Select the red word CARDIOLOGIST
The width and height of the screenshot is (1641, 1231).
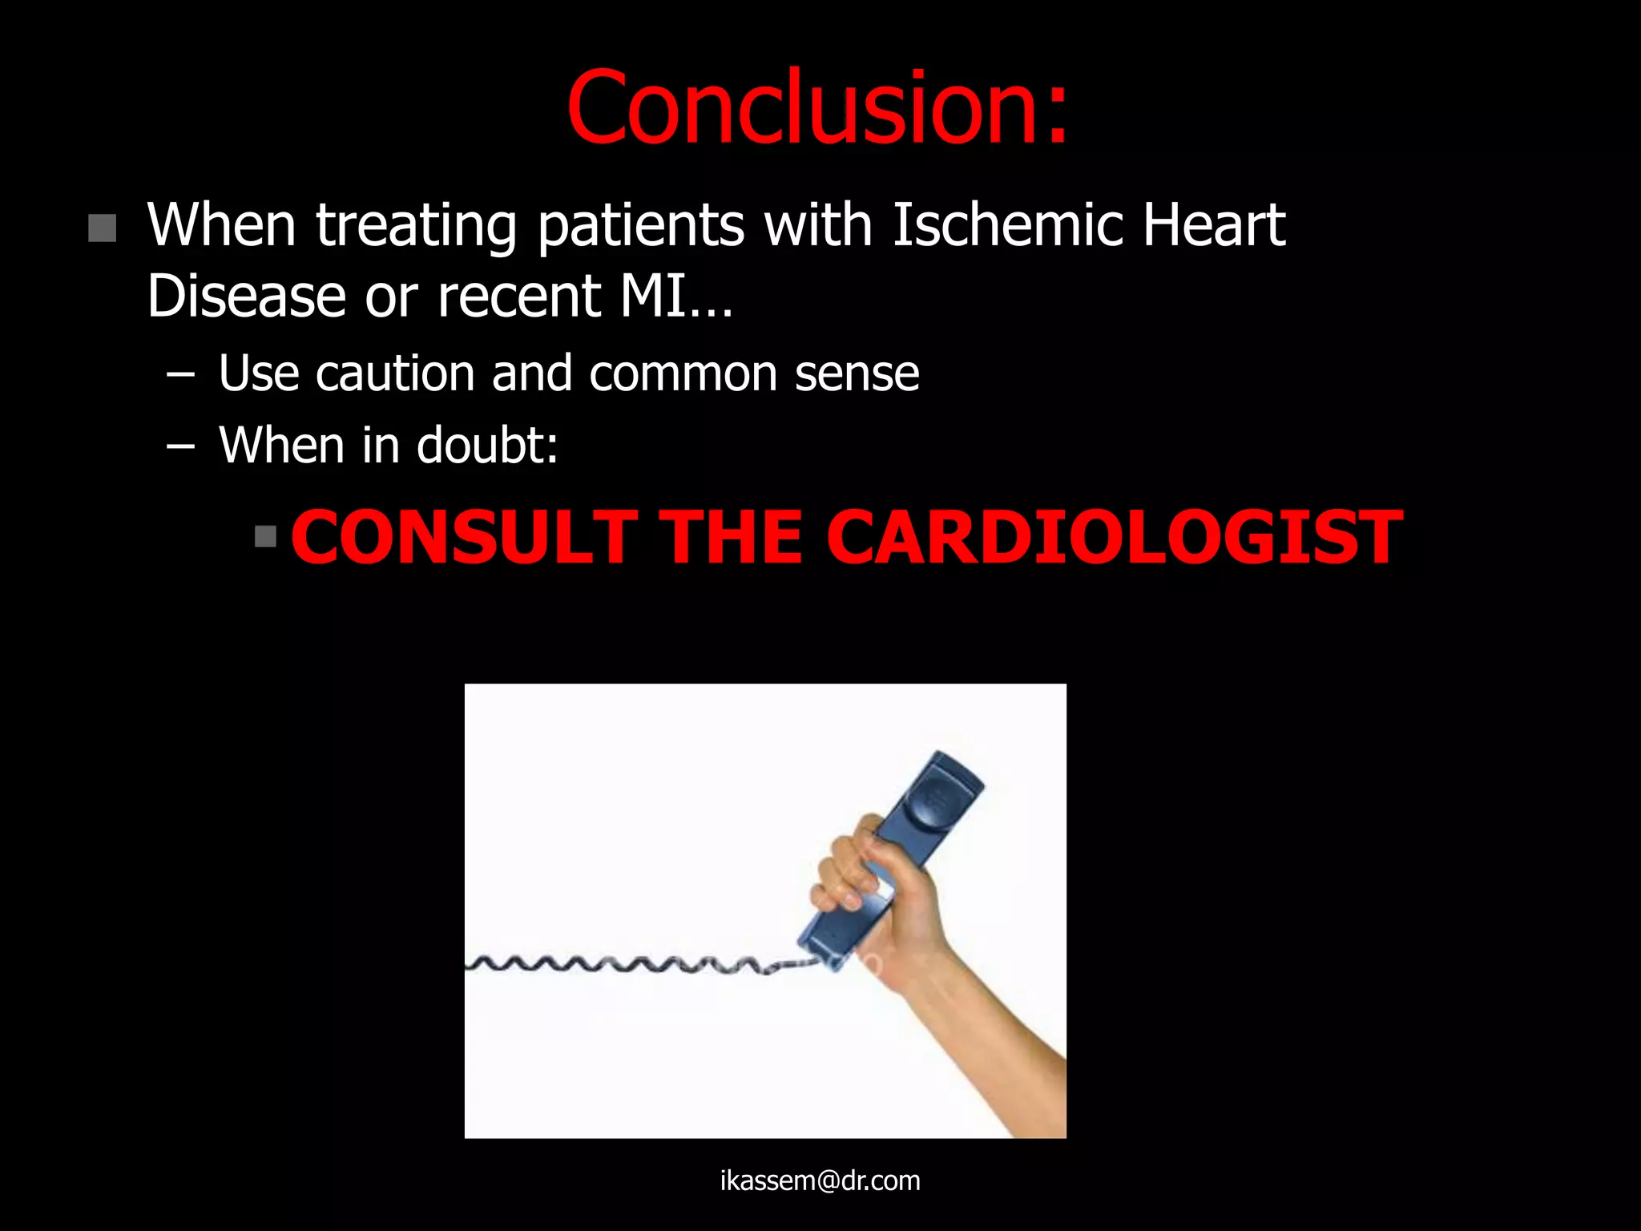click(1115, 538)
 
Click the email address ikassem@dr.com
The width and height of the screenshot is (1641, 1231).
click(820, 1181)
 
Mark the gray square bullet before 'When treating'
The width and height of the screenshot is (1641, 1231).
click(103, 228)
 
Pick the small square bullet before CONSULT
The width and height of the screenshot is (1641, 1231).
click(265, 535)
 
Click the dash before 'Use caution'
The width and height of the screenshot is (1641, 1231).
click(181, 374)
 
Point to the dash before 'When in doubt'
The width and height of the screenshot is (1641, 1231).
click(181, 446)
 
